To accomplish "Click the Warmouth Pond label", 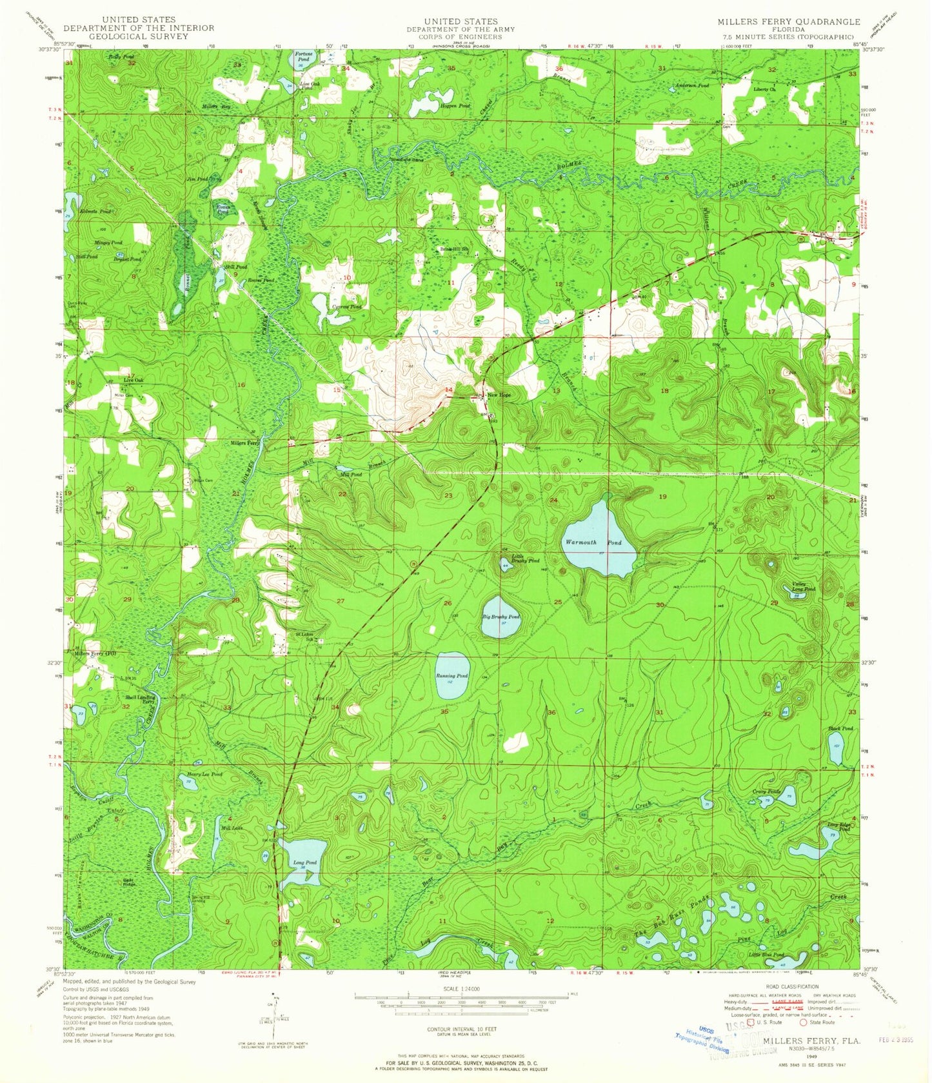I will coord(593,542).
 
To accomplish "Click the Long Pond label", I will coord(304,862).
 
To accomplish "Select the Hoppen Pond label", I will coord(455,106).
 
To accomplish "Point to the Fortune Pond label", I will coord(302,55).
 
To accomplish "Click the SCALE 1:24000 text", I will coord(461,988).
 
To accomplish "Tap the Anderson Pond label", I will coord(691,85).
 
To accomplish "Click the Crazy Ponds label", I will coord(766,791).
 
